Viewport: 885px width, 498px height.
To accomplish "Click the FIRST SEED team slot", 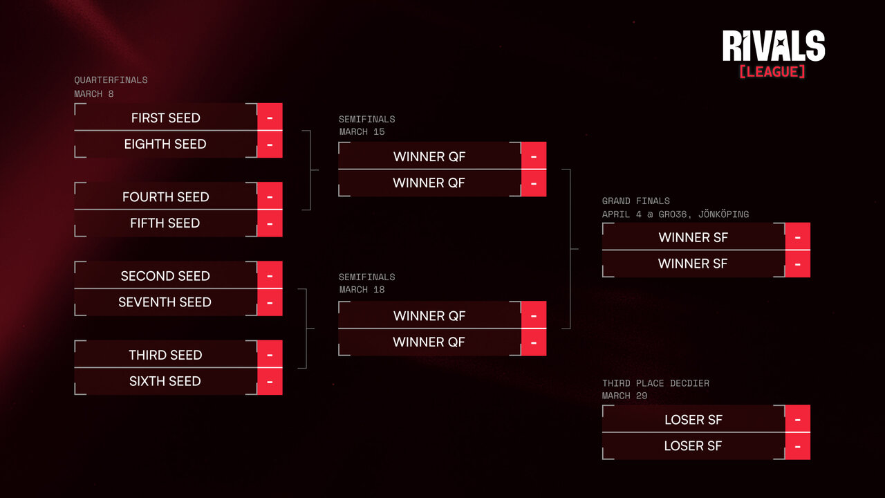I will pyautogui.click(x=165, y=118).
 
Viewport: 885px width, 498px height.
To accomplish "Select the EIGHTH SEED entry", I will pyautogui.click(x=165, y=144).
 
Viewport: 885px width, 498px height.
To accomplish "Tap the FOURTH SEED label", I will pyautogui.click(x=165, y=196).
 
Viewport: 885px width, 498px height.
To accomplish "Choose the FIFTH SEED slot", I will pyautogui.click(x=165, y=223).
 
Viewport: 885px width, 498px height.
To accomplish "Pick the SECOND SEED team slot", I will pyautogui.click(x=165, y=275).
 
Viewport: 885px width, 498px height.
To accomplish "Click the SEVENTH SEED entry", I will pyautogui.click(x=165, y=302).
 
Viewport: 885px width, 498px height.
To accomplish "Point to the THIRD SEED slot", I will pyautogui.click(x=165, y=355).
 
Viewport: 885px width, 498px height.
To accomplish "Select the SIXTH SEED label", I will pyautogui.click(x=165, y=381).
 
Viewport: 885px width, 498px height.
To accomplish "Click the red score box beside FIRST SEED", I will pyautogui.click(x=270, y=118).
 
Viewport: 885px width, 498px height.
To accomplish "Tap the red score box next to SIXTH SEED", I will pyautogui.click(x=270, y=381).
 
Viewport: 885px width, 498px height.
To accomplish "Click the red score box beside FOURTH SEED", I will pyautogui.click(x=270, y=196).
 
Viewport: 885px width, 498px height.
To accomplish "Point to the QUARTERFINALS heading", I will pyautogui.click(x=111, y=80).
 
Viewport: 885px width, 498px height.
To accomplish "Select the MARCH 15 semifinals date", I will pyautogui.click(x=362, y=131).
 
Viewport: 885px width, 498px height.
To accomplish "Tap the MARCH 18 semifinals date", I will pyautogui.click(x=362, y=289).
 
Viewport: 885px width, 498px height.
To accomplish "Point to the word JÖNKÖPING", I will pyautogui.click(x=723, y=214).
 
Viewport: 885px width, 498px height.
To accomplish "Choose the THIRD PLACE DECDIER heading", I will pyautogui.click(x=655, y=383).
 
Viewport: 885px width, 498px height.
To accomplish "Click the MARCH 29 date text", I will pyautogui.click(x=625, y=396).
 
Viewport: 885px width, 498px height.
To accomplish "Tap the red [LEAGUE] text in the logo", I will pyautogui.click(x=772, y=71).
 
